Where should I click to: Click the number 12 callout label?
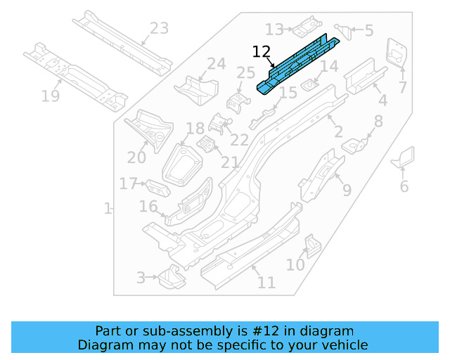point(261,51)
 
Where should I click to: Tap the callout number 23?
point(160,29)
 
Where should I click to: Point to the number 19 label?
point(50,96)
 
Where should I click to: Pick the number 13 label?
point(274,30)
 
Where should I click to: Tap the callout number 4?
point(382,100)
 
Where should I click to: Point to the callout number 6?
point(404,186)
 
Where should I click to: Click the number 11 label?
point(266,283)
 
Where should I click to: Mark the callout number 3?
point(141,278)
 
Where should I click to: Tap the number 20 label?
point(136,158)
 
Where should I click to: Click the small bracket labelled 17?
point(158,188)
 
